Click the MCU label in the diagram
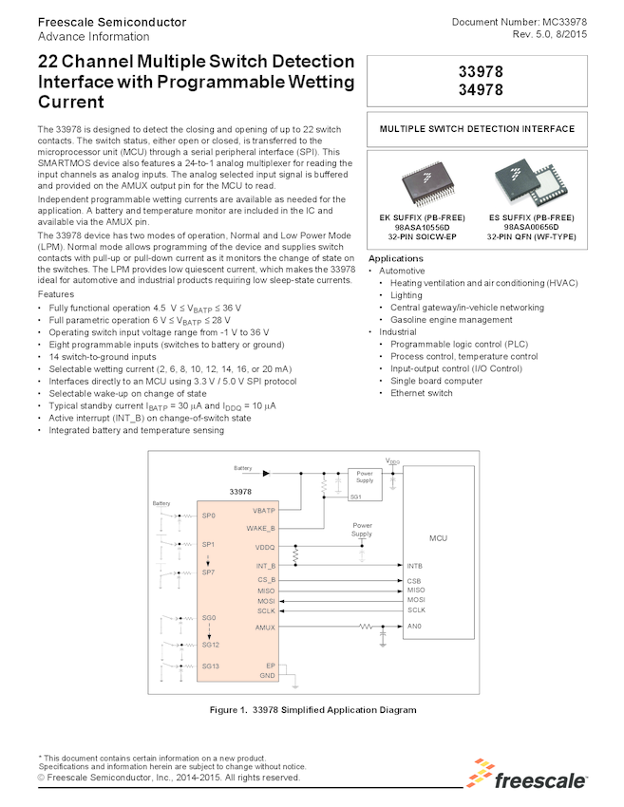click(x=438, y=538)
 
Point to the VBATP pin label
click(x=264, y=510)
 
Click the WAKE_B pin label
click(x=260, y=528)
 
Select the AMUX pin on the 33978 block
click(x=265, y=628)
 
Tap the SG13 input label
click(x=209, y=666)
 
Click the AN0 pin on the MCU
click(x=413, y=628)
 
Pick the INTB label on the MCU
click(x=414, y=566)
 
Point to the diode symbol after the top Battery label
click(x=268, y=472)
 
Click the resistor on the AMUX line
click(x=365, y=628)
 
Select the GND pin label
click(x=269, y=675)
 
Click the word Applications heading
click(x=395, y=258)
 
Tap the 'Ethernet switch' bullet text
click(x=421, y=393)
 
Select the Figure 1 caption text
click(x=312, y=710)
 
